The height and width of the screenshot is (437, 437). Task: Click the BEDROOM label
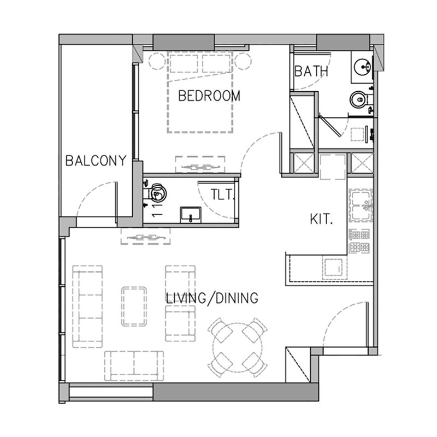pos(209,96)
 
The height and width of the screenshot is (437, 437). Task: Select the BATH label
pos(311,71)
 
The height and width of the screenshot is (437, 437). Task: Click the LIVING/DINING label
pos(211,298)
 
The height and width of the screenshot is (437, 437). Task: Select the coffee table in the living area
pos(134,306)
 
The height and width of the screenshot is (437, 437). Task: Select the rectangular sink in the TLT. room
pos(191,214)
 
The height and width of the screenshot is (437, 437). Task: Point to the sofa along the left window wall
pos(87,306)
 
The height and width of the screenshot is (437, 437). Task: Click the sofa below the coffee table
pos(134,365)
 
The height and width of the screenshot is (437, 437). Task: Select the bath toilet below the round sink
pos(358,99)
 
